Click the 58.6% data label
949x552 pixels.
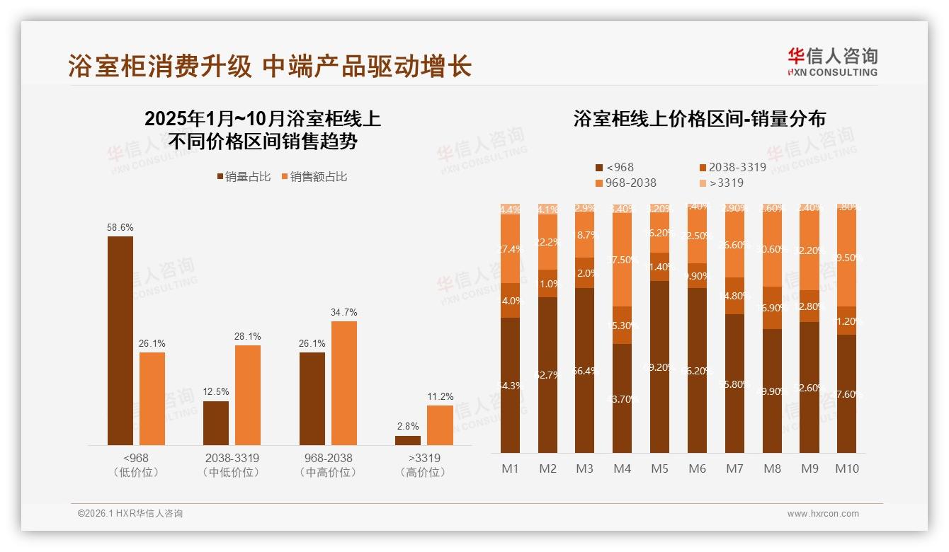[x=120, y=228]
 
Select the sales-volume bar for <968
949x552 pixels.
[x=120, y=340]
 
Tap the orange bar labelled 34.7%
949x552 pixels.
[x=344, y=382]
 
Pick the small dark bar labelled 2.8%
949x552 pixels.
[x=408, y=440]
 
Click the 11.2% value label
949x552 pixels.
[x=440, y=397]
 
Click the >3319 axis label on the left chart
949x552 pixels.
[x=424, y=458]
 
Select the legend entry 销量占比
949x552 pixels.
[x=243, y=177]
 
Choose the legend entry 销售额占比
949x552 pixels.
[x=314, y=177]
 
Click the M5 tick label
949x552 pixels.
[x=659, y=468]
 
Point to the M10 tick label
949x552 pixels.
[x=846, y=468]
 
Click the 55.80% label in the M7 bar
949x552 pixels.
[x=736, y=384]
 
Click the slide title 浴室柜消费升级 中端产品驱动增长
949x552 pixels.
[x=270, y=67]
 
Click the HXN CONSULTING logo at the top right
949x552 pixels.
[x=832, y=62]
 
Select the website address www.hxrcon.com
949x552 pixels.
[x=822, y=514]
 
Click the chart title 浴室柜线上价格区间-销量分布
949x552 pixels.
[x=699, y=119]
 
